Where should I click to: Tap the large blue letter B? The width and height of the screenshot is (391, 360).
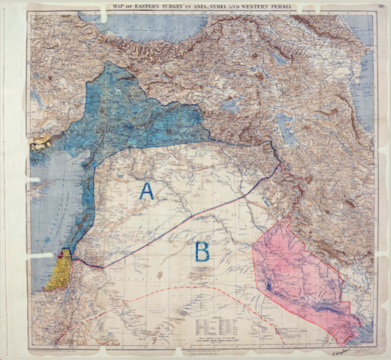pyautogui.click(x=201, y=251)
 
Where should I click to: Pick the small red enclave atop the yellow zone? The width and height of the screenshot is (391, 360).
pyautogui.click(x=61, y=255)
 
